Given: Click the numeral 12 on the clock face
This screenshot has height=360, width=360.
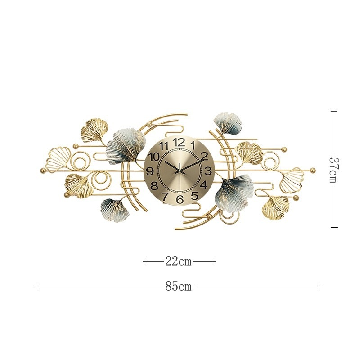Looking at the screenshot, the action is pos(179,142).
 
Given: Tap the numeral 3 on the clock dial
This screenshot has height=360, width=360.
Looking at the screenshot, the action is pos(207,171).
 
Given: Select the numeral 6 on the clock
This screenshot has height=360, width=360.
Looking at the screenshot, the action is pos(180,199).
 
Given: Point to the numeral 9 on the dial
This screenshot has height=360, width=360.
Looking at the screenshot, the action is pos(150,171).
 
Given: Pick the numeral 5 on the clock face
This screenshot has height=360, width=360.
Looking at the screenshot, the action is pos(194,196).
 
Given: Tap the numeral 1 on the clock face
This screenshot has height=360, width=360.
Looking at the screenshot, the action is pos(193,145).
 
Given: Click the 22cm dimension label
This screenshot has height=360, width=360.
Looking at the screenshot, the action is pos(178,261).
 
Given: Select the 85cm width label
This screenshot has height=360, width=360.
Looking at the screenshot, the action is pos(178,287).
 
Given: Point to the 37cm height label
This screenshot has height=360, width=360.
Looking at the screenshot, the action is pos(334,170).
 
